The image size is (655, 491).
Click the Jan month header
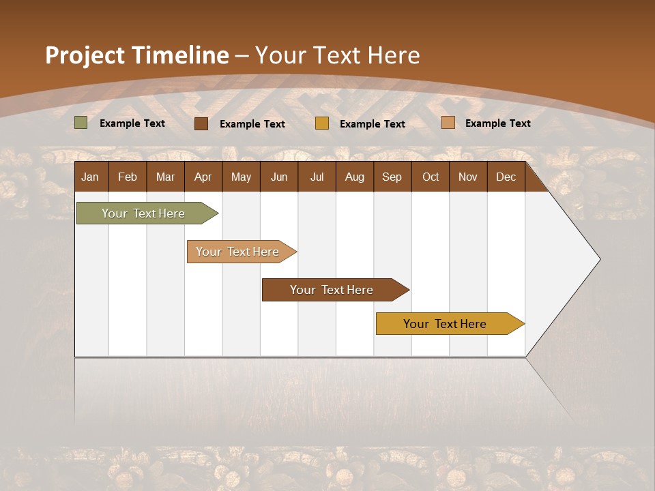coord(91,177)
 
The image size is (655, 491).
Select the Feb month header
coord(128,177)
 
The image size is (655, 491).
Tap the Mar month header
coord(165,177)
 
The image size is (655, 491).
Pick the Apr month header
coord(203,177)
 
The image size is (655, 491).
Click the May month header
coord(241,177)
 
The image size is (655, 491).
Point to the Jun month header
coord(279,177)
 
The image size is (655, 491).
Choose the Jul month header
coord(317,177)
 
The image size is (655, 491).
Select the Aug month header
coord(355,177)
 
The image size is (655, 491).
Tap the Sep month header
coord(392,177)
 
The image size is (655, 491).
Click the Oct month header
coord(431,177)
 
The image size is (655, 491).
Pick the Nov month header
coord(468,177)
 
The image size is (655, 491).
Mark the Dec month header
coord(506,177)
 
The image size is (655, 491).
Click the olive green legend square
coord(81,123)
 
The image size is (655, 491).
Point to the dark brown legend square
coord(201,123)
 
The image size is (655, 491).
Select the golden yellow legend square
coord(322,123)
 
